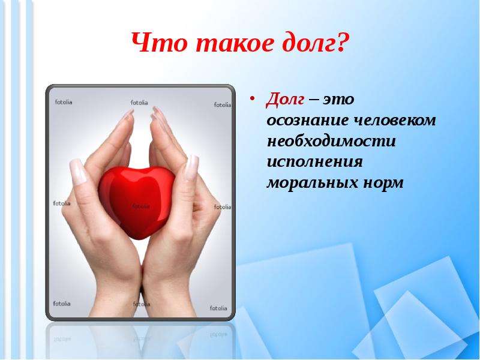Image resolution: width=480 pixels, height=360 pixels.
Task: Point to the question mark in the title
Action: pyautogui.click(x=343, y=44)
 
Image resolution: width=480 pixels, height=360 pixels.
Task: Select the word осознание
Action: pyautogui.click(x=302, y=121)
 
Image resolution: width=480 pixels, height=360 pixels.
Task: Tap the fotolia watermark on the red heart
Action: pyautogui.click(x=140, y=206)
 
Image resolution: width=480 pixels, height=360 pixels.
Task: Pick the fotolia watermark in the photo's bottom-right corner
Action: pyautogui.click(x=218, y=308)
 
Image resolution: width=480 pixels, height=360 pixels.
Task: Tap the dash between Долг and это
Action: pyautogui.click(x=314, y=100)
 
